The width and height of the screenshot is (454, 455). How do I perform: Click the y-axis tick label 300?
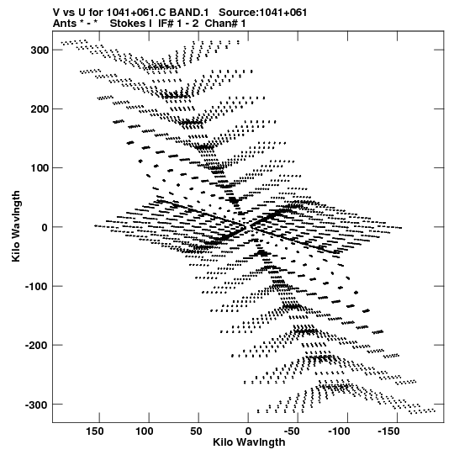pos(40,50)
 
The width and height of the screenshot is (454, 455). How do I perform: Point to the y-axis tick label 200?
pos(40,109)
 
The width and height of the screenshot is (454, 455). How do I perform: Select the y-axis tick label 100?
pos(40,168)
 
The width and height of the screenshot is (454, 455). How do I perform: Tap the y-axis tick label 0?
pos(45,227)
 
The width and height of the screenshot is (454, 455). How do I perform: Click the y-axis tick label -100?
pos(36,286)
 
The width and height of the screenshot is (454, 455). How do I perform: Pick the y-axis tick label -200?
pos(36,346)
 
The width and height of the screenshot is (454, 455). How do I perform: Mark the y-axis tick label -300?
pos(36,405)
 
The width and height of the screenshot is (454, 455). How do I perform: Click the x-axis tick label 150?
pos(95,431)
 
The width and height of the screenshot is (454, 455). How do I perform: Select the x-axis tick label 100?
pos(145,431)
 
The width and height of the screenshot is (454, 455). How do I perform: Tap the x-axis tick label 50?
pos(196,431)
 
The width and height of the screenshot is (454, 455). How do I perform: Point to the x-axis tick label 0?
pos(248,431)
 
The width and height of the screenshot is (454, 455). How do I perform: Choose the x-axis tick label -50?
pos(292,431)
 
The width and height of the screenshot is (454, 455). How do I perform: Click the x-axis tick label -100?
pos(339,431)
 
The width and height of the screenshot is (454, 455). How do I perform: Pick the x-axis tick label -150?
pos(388,431)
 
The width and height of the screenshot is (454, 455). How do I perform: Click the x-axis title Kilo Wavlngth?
pos(249,442)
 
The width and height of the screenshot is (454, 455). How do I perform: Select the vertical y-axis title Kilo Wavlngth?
pos(16,226)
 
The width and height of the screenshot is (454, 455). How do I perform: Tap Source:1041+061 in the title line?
pos(263,13)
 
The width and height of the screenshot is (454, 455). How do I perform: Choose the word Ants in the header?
pos(65,24)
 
